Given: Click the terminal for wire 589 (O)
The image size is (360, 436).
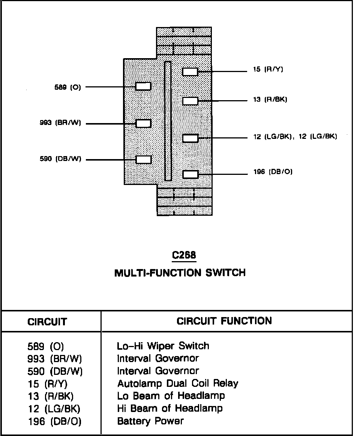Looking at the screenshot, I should click(x=143, y=87).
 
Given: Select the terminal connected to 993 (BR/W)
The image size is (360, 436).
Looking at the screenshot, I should click(x=143, y=123).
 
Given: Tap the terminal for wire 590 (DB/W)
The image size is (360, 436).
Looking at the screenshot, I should click(x=143, y=160).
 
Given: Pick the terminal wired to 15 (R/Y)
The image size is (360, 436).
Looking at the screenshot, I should click(x=190, y=72).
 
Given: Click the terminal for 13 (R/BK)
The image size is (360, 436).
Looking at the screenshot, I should click(x=190, y=101).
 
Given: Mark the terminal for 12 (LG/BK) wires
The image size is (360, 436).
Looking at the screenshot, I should click(x=190, y=138).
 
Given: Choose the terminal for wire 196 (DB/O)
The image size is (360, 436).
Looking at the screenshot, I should click(x=190, y=174).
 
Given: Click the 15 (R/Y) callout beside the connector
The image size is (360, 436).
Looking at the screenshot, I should click(x=268, y=69).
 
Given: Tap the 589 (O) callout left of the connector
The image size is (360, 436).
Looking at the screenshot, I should click(x=67, y=87).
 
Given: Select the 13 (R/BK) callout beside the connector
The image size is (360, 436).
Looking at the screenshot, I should click(x=270, y=99).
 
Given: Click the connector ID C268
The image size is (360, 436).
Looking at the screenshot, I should click(x=184, y=256).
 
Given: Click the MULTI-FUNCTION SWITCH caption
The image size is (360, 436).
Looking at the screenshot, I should click(x=180, y=272).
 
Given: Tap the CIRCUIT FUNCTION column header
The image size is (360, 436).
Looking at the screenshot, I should click(x=224, y=321).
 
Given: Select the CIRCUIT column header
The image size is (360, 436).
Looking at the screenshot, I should click(x=47, y=322).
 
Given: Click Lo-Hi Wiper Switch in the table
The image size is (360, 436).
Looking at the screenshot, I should click(x=163, y=346).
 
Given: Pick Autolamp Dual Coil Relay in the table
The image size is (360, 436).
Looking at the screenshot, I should click(x=177, y=383).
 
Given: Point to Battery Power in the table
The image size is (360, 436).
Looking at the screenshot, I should click(x=150, y=421).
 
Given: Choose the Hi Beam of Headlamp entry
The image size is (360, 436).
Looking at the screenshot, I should click(x=170, y=408).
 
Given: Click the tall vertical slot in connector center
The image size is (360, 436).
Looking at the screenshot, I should click(x=168, y=121).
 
